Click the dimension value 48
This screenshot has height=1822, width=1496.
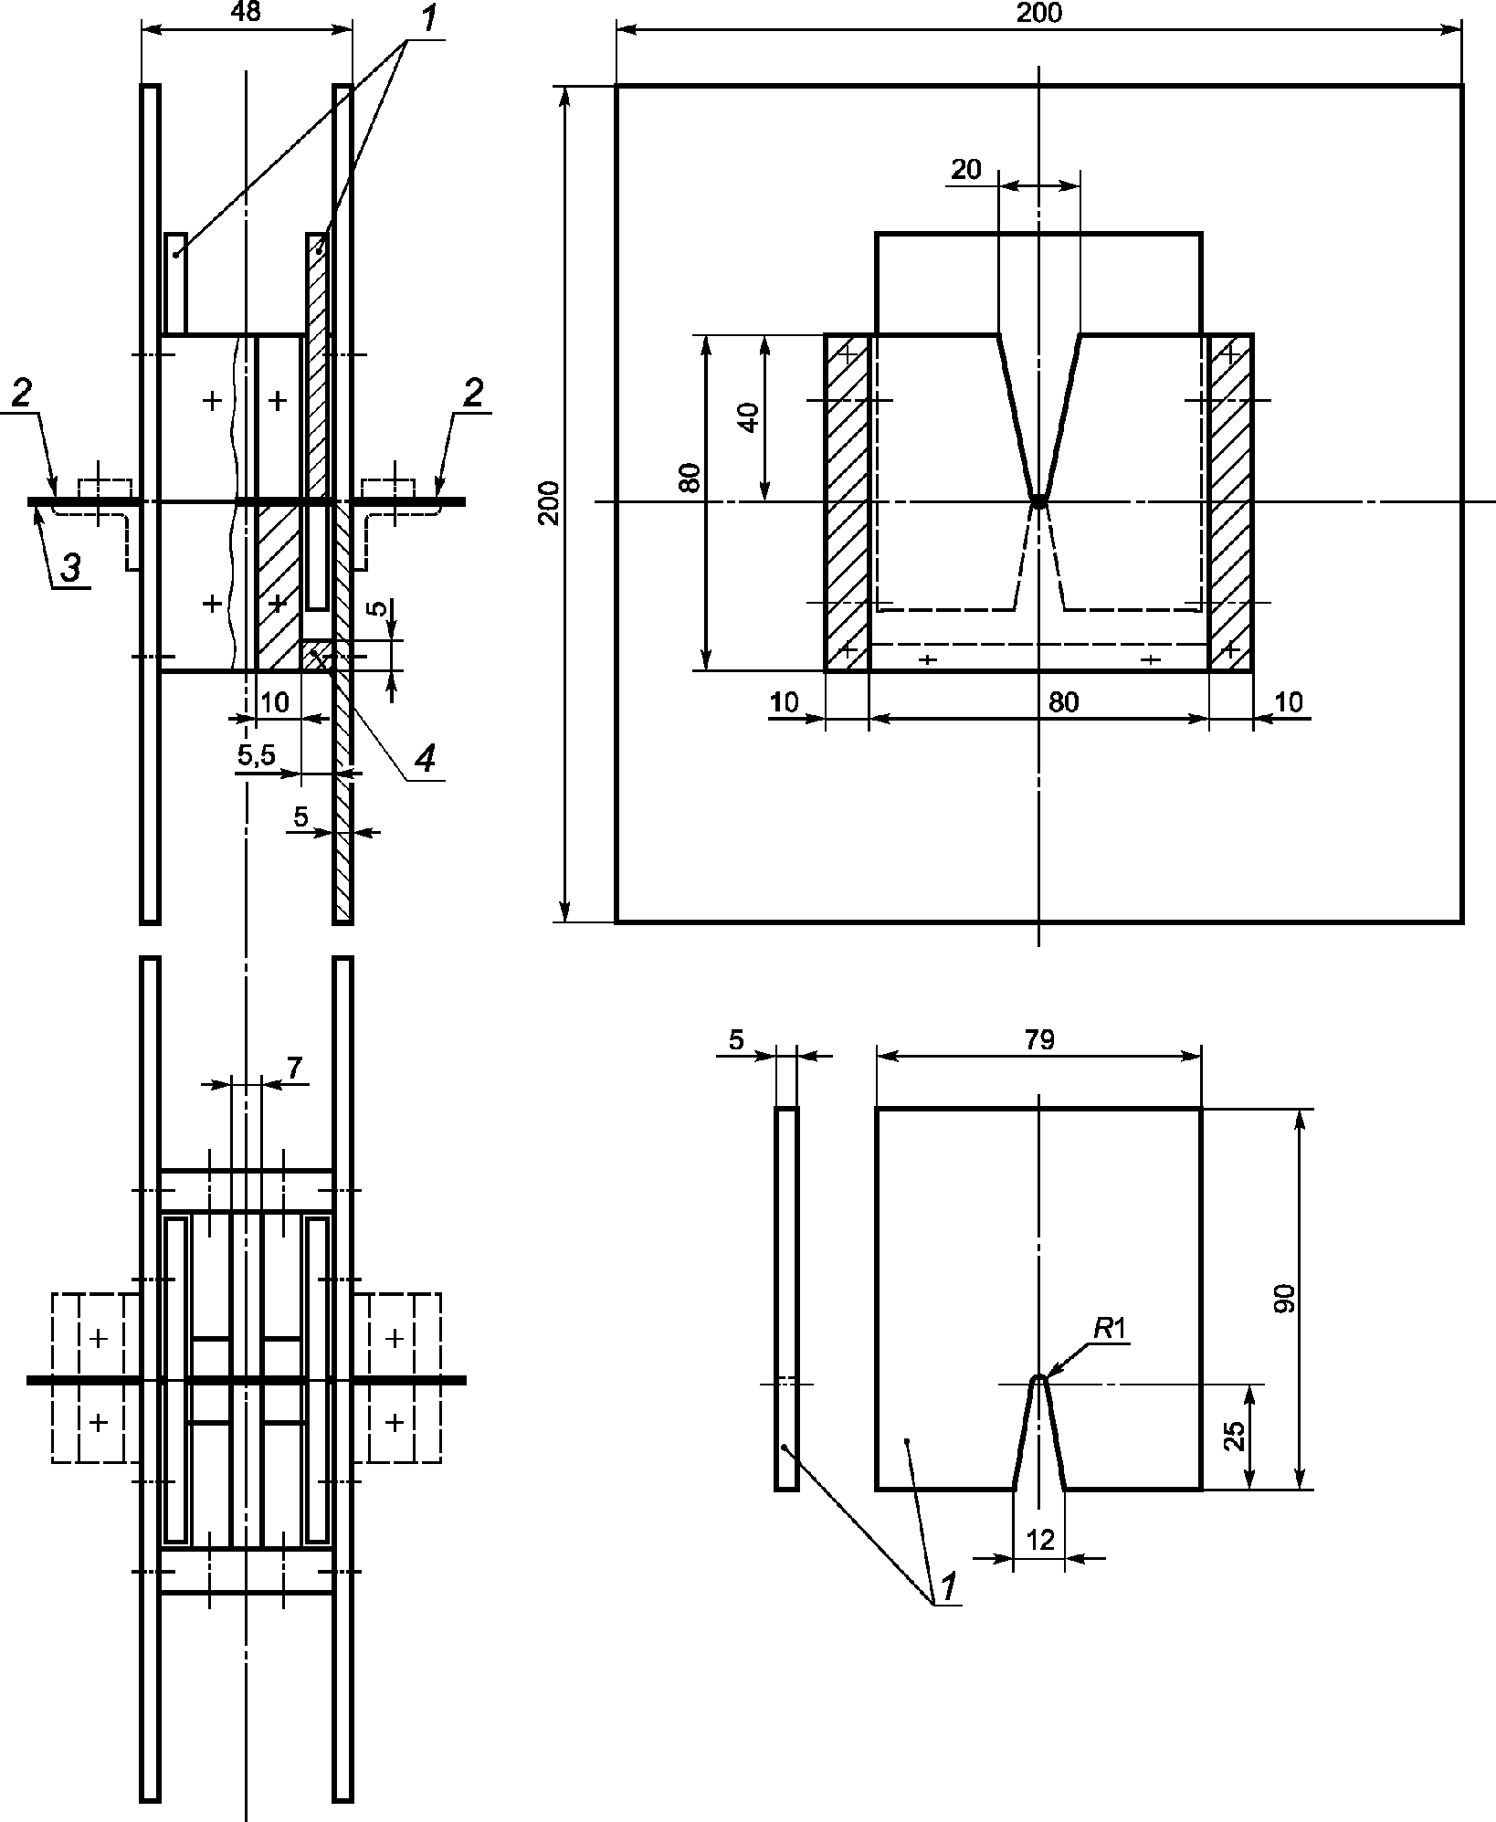[246, 13]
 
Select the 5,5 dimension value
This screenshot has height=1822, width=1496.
[257, 755]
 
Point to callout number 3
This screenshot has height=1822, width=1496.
[70, 567]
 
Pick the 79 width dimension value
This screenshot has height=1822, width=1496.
[1039, 1040]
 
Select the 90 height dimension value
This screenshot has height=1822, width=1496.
[1284, 1299]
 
